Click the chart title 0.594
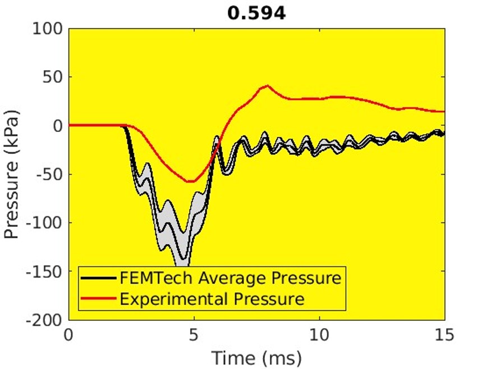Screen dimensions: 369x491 tap(256, 13)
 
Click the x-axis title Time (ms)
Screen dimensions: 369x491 tap(256, 357)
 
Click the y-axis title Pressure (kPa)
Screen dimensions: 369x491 tap(12, 174)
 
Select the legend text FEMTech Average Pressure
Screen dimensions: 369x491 tap(230, 278)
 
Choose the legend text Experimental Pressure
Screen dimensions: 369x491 tap(212, 298)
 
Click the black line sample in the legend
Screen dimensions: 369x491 tap(99, 278)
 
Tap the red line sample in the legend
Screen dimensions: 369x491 tap(99, 298)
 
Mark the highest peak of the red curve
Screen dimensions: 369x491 tap(268, 86)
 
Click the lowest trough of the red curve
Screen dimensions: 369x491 tap(190, 181)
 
